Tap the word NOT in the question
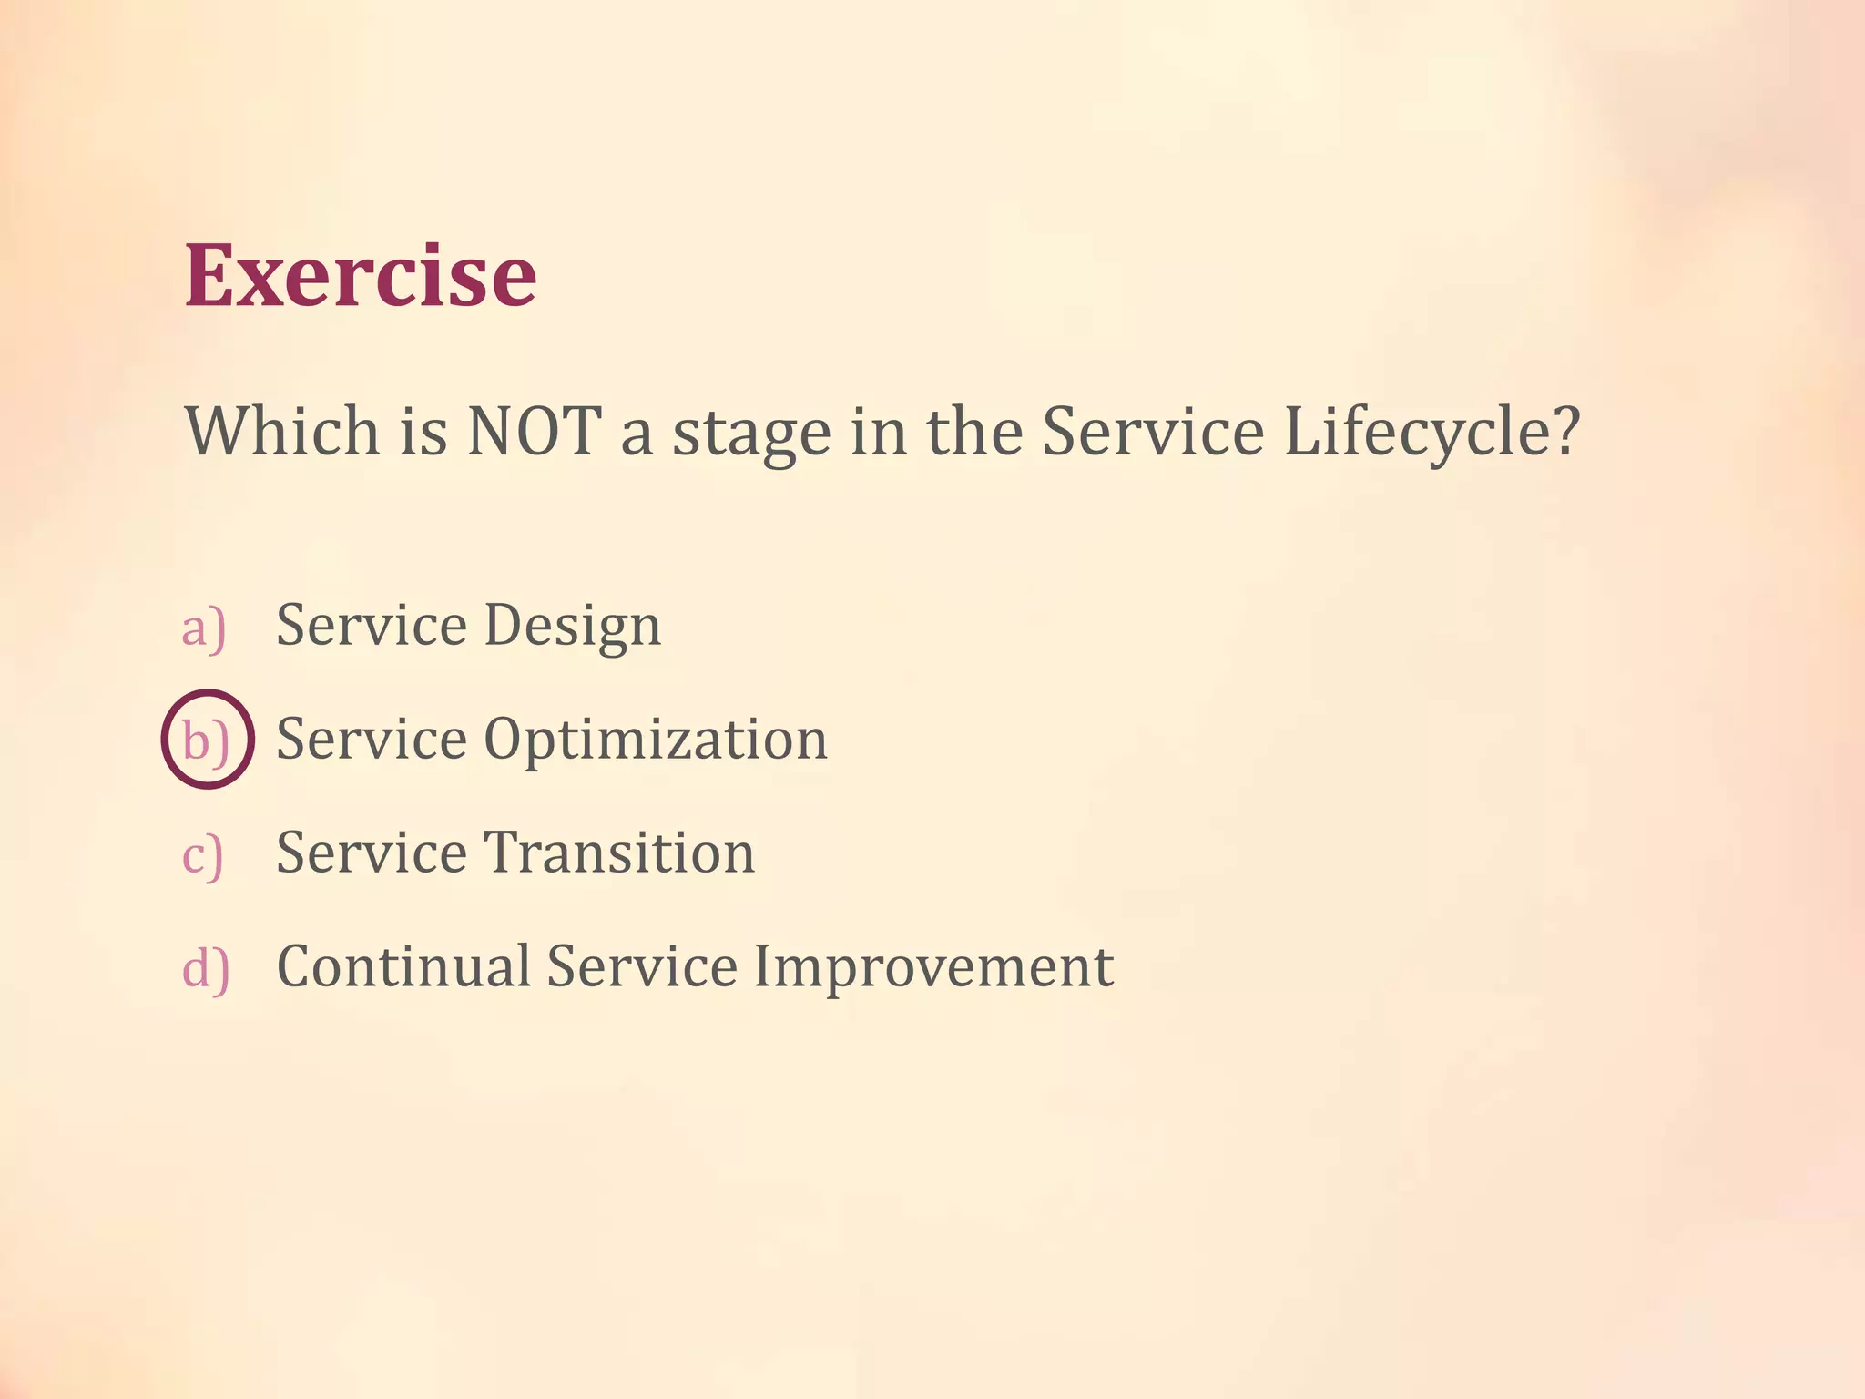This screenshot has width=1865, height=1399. pos(534,431)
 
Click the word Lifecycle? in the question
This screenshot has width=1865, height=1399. pos(1432,433)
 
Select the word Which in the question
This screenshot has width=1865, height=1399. pos(282,431)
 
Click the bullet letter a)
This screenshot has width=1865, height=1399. pos(203,628)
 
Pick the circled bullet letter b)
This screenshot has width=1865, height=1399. pos(207,740)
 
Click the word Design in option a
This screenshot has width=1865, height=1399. pos(572,627)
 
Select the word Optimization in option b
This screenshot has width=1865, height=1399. pos(656,740)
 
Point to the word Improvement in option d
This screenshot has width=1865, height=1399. pos(933,967)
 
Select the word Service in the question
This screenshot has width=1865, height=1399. pos(1152,431)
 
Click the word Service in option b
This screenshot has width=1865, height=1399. pos(372,739)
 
